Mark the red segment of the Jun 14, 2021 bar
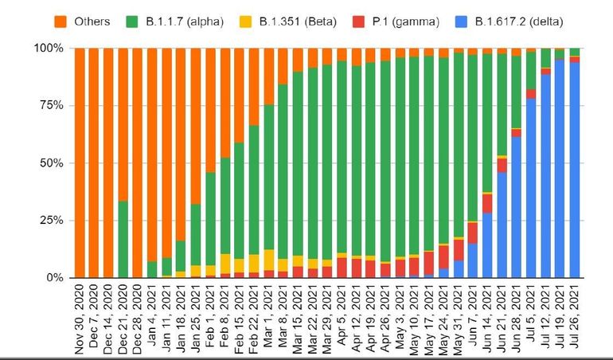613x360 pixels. click(487, 203)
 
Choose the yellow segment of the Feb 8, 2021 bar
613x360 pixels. click(225, 264)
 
